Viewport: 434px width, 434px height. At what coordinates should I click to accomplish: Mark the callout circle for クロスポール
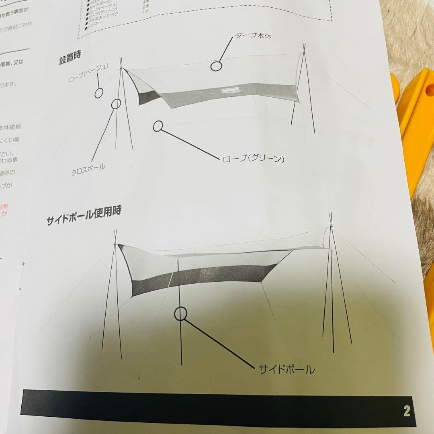(x=116, y=104)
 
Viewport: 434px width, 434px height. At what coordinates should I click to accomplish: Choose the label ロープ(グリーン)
(x=254, y=159)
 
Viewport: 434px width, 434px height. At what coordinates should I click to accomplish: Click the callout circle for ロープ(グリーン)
(x=158, y=126)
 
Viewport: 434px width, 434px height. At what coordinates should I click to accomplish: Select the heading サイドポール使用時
(x=84, y=217)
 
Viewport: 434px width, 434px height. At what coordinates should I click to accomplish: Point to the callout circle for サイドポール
(x=181, y=313)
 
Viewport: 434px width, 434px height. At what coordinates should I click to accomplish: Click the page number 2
(x=407, y=411)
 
